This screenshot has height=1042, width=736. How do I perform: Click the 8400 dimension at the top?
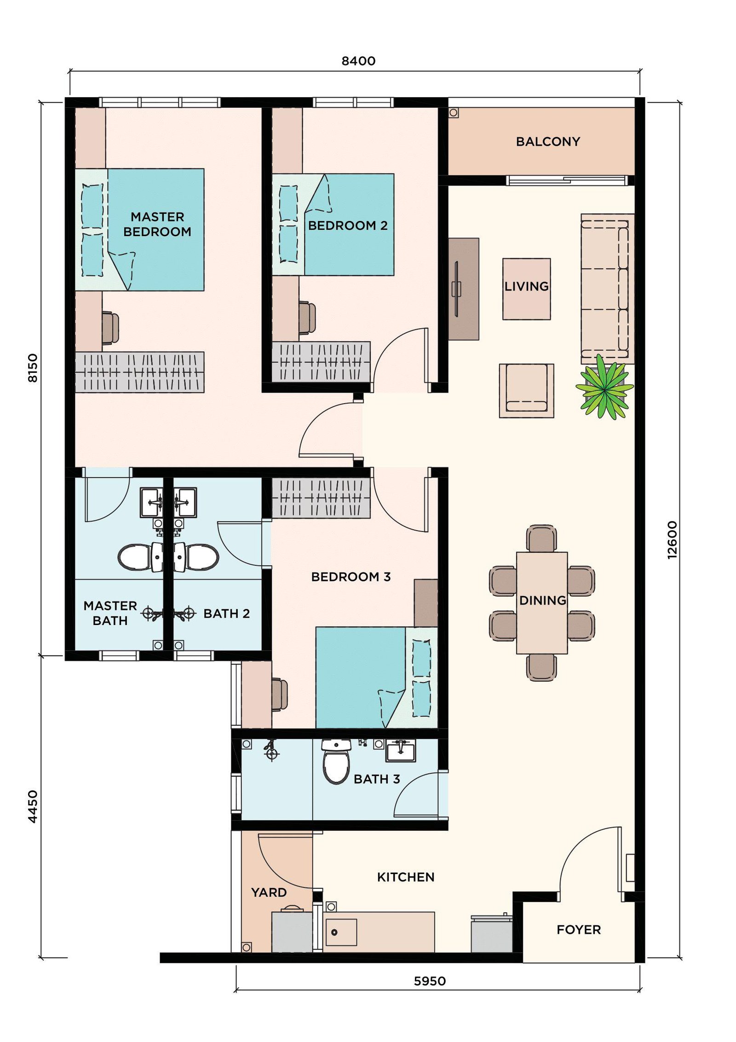(x=358, y=61)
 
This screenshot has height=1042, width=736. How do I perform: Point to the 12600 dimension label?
(x=672, y=540)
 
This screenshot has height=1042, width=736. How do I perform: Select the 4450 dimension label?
(x=33, y=806)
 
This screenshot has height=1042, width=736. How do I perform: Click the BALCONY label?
(x=547, y=141)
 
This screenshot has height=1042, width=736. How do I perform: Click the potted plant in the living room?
(x=604, y=387)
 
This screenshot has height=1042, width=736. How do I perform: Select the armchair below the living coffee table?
(x=526, y=391)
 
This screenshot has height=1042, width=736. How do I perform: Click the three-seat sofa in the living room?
(x=607, y=289)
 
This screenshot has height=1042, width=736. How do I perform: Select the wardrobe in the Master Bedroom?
(x=139, y=372)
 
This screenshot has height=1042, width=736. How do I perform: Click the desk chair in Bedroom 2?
(x=307, y=317)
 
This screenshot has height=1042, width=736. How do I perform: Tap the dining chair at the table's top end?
(x=541, y=538)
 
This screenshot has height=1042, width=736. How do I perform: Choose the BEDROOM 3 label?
(x=351, y=577)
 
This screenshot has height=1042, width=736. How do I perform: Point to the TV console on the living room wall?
(x=464, y=289)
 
